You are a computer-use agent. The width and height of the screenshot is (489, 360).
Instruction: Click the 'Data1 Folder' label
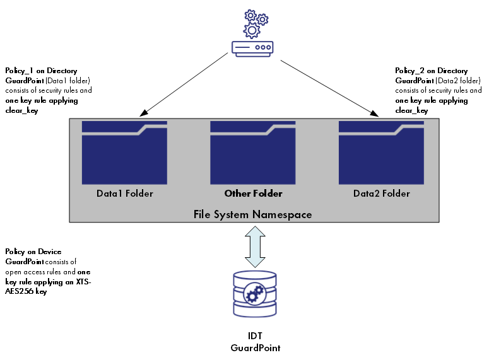124,194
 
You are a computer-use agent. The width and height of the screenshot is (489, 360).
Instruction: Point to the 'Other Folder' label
253,194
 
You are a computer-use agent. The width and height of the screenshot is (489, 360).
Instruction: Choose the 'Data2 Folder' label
382,194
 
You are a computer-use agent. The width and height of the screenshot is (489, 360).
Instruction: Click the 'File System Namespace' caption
252,214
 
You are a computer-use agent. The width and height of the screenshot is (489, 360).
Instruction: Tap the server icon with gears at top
252,34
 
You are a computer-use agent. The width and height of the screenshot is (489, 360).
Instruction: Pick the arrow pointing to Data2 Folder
328,88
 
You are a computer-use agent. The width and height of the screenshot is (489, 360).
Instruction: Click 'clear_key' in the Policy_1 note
21,110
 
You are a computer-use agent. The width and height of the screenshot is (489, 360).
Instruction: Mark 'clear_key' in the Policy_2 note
411,110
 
